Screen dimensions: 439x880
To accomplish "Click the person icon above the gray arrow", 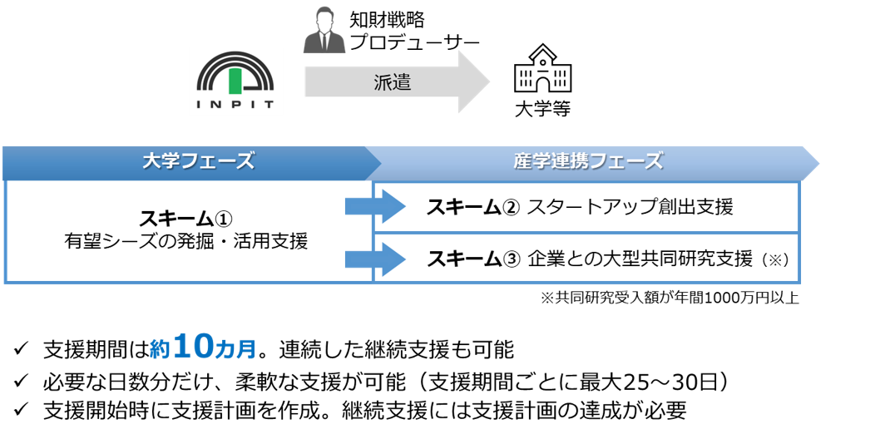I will tap(324, 32).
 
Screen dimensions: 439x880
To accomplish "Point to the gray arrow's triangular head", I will tap(474, 82).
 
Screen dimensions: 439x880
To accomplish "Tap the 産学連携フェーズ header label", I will tap(588, 161).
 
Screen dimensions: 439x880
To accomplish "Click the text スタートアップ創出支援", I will tap(630, 207).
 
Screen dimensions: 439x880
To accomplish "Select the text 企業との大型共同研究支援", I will tap(640, 259).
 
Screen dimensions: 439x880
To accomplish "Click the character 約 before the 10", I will tap(160, 350).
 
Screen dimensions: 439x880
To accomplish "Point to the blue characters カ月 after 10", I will tap(235, 350).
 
